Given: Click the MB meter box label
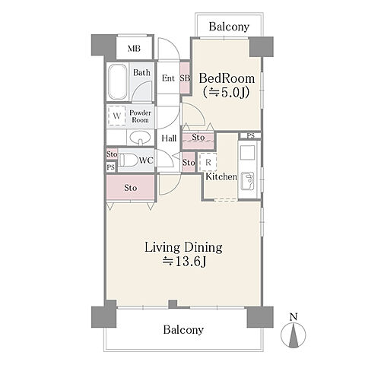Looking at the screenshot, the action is pos(134,48).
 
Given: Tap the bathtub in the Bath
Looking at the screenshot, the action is pos(118,82).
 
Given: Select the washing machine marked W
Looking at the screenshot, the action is pos(117,116).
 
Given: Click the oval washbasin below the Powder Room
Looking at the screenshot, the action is pos(140,138).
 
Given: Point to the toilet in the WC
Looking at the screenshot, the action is pos(128,160).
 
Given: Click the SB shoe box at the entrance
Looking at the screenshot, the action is pos(185,78).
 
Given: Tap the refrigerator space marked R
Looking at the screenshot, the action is pos(208,162).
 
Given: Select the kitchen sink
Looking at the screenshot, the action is pos(247,181).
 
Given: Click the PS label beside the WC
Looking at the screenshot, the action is pos(110,167).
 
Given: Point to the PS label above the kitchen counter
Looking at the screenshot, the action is pos(250,136).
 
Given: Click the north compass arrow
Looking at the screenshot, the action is pos(294,335).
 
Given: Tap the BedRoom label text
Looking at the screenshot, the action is pos(227,78).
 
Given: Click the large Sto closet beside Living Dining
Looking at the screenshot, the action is pos(130,187).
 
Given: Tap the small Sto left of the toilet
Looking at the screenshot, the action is pos(112,154).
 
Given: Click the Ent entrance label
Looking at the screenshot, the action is pos(168,78).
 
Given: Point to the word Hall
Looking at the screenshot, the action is pos(169,138).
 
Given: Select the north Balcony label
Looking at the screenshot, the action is pos(229,27).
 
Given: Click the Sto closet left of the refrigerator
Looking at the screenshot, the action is pos(189,162).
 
